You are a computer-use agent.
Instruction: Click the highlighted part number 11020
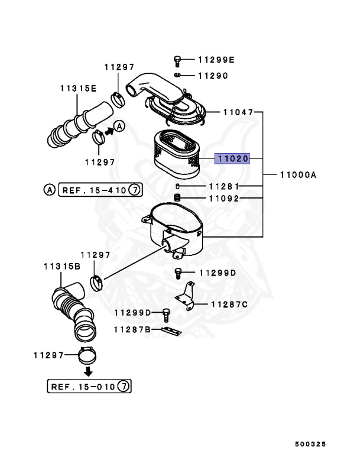232,158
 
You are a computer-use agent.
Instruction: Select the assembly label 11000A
299,175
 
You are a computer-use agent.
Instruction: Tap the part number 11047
238,112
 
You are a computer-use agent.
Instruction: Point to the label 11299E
216,59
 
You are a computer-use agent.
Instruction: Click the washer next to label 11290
177,75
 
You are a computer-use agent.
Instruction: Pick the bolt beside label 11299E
177,60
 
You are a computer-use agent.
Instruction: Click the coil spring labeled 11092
176,197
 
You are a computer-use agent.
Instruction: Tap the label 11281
223,186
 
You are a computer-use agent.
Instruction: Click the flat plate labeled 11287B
171,330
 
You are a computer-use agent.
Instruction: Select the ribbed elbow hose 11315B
73,310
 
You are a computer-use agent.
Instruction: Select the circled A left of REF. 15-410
49,190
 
